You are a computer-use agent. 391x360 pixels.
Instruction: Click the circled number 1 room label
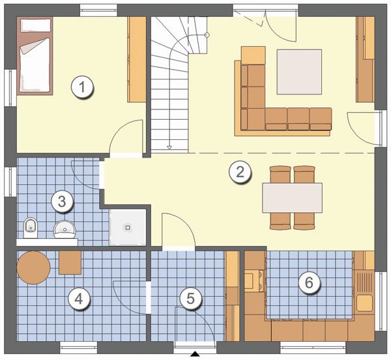82,87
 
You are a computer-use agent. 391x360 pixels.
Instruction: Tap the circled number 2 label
240,172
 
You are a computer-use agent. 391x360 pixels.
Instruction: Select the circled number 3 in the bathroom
62,201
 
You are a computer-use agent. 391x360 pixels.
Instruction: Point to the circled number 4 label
79,298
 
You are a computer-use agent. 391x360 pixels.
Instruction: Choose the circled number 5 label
190,298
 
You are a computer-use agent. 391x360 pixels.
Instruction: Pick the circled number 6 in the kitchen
309,283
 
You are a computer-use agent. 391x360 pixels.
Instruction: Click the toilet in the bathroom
31,228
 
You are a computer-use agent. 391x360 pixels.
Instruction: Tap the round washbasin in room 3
65,229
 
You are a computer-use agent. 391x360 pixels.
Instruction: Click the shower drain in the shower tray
128,227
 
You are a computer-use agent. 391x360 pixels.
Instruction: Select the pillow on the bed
36,25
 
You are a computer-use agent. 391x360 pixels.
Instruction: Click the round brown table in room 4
34,268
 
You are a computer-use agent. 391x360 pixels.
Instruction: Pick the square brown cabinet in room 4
70,262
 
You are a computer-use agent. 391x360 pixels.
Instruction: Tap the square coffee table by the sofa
299,72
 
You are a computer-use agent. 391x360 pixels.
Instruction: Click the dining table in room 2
292,198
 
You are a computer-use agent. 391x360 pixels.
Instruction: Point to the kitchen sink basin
364,303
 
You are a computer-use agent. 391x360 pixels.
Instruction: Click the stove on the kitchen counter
253,281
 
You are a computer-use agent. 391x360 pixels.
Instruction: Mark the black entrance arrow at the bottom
195,353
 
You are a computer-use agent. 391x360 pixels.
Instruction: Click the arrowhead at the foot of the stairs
169,148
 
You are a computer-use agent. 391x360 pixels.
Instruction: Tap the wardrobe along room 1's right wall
137,59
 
